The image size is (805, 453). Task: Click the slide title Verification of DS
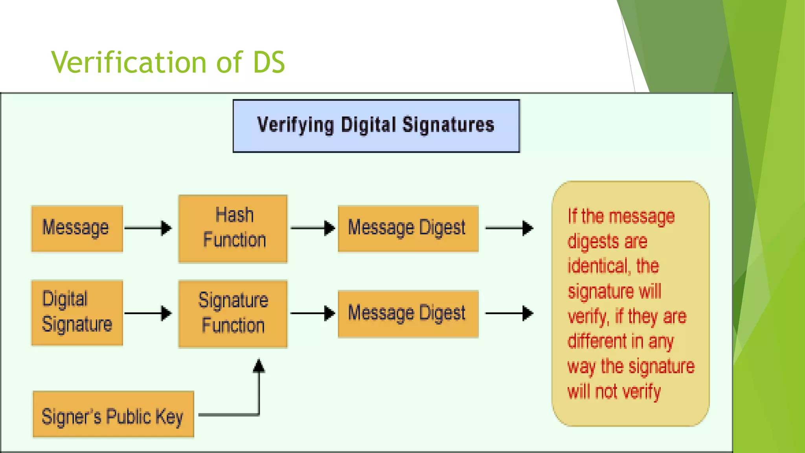coord(168,62)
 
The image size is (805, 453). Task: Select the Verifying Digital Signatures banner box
coord(376,126)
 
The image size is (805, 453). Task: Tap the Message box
coord(77,228)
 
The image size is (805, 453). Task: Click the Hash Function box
coord(233,228)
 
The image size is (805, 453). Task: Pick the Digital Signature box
coord(77,313)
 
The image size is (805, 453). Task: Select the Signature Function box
coord(233,314)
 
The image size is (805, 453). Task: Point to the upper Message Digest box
coord(408,228)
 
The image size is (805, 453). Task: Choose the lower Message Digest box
coord(408,314)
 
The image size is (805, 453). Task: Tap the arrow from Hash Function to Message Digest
coord(312,228)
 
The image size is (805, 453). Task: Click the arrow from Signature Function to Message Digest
coord(312,313)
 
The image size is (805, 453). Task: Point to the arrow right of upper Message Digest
coord(509,228)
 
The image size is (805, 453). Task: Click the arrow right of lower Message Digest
coord(509,313)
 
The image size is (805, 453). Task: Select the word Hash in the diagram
coord(235,215)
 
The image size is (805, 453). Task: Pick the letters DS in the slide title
coord(269,62)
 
